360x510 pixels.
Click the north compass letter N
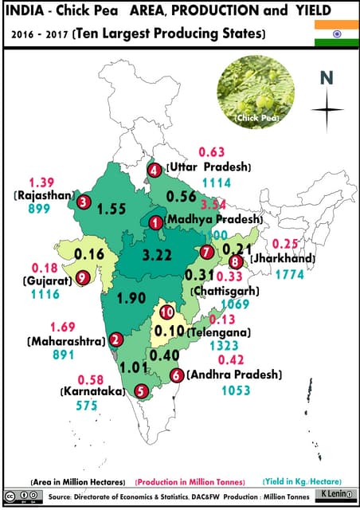(x=326, y=77)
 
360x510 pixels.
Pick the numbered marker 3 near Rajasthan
(x=84, y=202)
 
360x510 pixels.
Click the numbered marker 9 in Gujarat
(x=83, y=277)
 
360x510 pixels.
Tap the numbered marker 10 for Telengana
(x=166, y=312)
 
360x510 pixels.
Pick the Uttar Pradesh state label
(x=209, y=167)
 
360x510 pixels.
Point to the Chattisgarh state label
(x=224, y=292)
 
